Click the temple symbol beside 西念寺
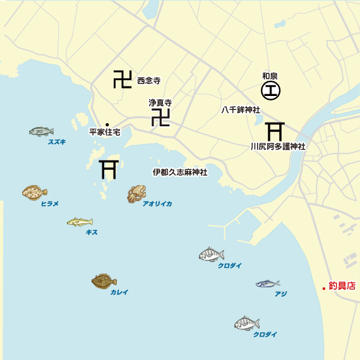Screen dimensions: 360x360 [123, 79]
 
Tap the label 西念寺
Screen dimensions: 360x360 [149, 80]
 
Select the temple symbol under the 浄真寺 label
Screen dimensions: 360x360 [161, 117]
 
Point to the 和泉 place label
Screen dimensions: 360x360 [270, 76]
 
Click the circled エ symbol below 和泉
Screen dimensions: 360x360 [270, 91]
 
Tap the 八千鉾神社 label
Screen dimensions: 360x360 [241, 109]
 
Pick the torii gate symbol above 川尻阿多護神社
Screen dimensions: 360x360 [274, 131]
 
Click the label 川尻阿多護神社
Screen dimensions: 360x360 [278, 147]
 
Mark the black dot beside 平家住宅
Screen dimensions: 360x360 [107, 124]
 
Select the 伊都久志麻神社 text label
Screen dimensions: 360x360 [180, 172]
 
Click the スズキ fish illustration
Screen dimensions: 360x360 [41, 131]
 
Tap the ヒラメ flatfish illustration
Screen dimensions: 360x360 [34, 191]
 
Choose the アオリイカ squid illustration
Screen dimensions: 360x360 [136, 193]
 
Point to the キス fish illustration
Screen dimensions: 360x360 [80, 222]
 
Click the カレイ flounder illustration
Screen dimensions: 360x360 [104, 280]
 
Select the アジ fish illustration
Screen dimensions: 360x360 [267, 284]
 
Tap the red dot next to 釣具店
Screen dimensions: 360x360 [323, 288]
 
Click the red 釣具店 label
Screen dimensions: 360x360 [342, 286]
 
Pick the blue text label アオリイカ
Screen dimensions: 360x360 [157, 204]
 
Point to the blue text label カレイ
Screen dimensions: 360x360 [119, 292]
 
